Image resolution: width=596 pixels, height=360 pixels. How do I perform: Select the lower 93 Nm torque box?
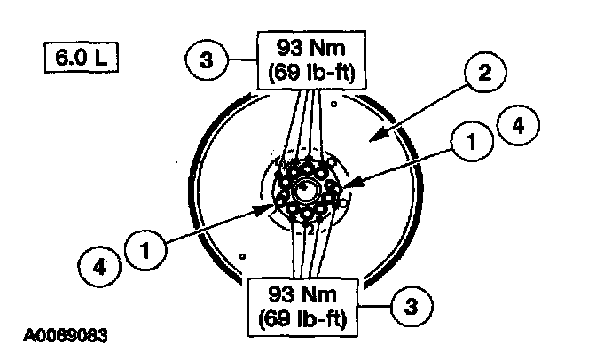click(x=306, y=303)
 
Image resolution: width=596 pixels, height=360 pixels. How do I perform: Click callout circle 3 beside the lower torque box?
click(x=410, y=306)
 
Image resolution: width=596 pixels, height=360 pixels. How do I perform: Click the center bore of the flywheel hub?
click(x=306, y=189)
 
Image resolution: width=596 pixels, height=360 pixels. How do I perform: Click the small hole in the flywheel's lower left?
click(x=241, y=255)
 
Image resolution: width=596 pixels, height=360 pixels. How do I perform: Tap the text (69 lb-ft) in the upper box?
click(x=307, y=72)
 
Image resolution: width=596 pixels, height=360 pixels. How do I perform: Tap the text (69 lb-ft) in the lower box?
click(x=306, y=315)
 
